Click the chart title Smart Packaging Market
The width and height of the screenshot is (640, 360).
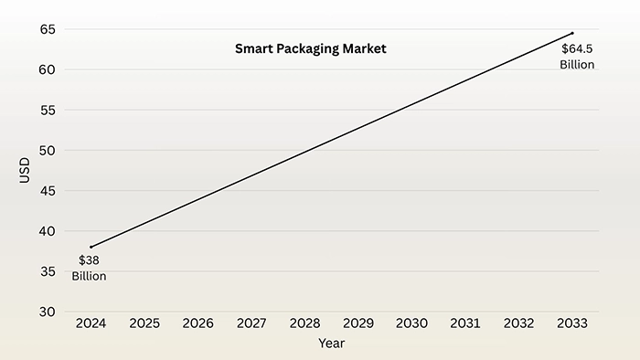pos(311,49)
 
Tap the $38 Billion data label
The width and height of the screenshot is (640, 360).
pos(90,268)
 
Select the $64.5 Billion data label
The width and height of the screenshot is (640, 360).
pos(577,57)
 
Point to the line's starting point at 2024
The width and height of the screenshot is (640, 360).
pos(91,247)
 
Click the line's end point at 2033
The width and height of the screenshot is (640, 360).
pos(572,33)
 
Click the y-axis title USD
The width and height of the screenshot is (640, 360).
pos(25,170)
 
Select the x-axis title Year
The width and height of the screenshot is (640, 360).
pos(331,344)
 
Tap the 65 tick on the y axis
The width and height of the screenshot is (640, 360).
pos(48,29)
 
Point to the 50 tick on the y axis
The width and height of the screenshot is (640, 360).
pos(48,150)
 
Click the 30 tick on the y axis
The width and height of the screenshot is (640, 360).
pos(48,312)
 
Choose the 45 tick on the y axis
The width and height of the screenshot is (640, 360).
pos(48,191)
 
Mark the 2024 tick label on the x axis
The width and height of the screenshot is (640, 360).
pos(91,323)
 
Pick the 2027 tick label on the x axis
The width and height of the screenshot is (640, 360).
pos(251,323)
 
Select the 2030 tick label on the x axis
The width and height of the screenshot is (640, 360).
pos(411,323)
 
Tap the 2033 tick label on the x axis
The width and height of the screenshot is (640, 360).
pos(572,323)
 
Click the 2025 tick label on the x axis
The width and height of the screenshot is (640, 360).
pos(144,323)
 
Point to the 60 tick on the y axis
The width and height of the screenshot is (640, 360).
pos(48,69)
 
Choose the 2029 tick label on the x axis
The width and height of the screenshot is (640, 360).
pos(358,323)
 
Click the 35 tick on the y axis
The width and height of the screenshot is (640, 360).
pos(48,271)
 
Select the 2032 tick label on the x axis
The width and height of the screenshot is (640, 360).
pos(518,323)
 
